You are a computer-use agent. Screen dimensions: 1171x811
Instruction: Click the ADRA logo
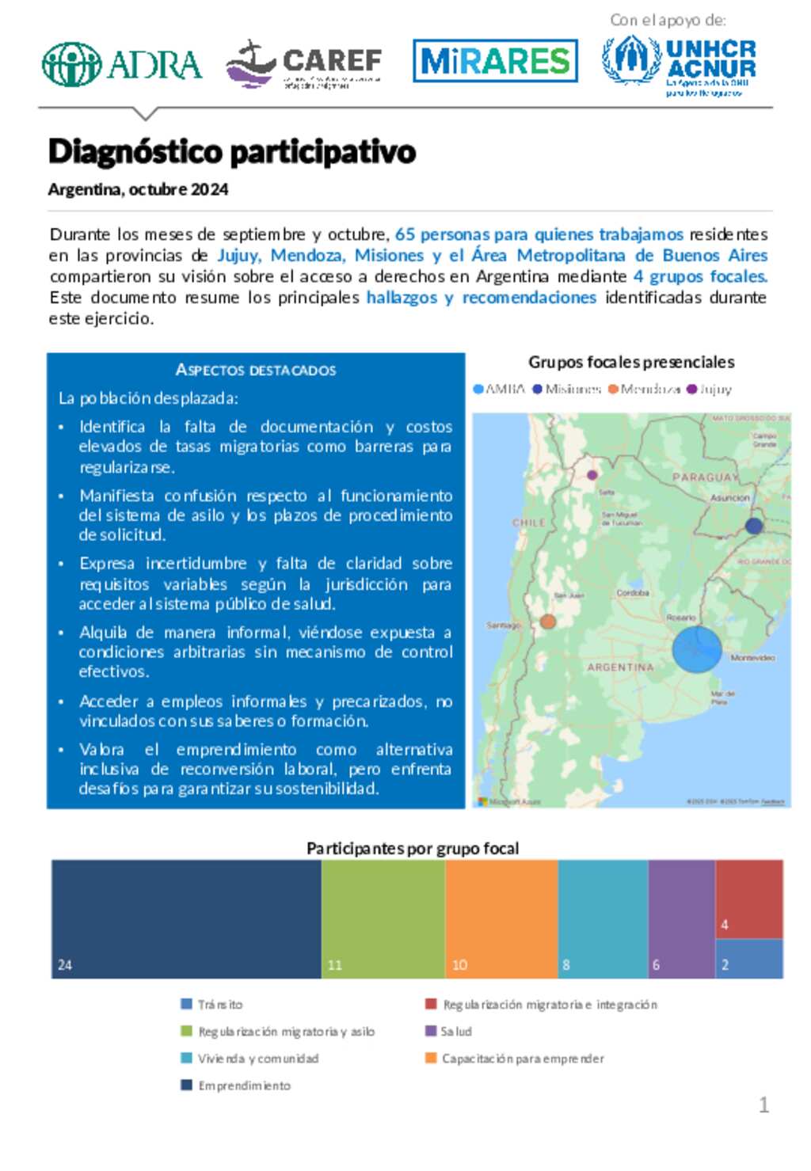click(x=121, y=64)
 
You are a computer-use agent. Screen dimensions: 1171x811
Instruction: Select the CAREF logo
click(x=303, y=64)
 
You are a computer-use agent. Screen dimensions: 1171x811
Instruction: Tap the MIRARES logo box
click(x=495, y=61)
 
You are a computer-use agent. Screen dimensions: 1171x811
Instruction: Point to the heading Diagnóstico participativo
click(x=231, y=151)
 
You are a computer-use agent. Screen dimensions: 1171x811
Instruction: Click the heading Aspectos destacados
click(x=256, y=370)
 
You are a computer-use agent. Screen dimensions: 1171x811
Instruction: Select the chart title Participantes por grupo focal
click(x=413, y=848)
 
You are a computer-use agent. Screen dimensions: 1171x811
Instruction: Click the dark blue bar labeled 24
click(x=186, y=918)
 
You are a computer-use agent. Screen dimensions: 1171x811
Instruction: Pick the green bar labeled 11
click(x=383, y=918)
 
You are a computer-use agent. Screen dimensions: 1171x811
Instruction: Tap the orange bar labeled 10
click(x=501, y=918)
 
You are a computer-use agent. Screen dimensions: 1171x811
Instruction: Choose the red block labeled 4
click(x=749, y=899)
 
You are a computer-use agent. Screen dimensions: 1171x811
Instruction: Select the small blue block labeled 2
click(x=749, y=959)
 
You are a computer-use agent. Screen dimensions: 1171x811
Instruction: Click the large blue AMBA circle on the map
click(x=697, y=648)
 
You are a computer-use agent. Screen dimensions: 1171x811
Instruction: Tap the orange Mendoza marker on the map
click(x=547, y=622)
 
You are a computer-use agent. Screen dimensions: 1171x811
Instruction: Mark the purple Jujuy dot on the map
click(x=592, y=475)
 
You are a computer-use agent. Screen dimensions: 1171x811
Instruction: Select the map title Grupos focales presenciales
click(x=631, y=362)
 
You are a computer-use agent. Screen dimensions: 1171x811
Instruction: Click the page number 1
click(x=763, y=1104)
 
